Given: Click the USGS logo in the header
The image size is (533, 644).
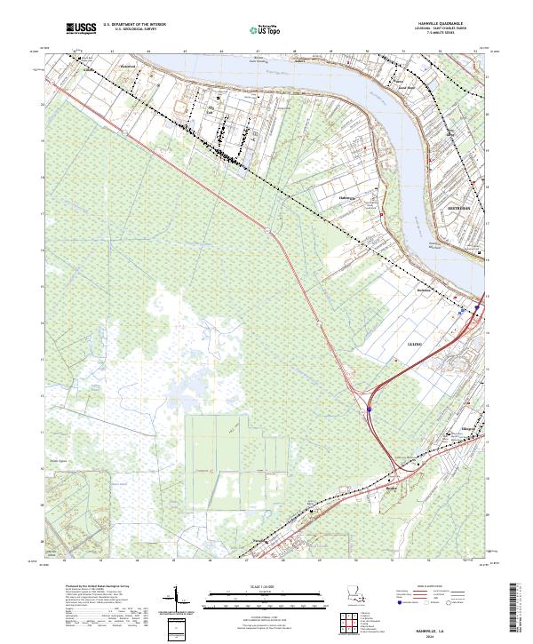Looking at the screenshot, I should pos(81,29).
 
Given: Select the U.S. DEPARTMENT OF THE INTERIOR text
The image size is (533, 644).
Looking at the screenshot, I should pos(135,26).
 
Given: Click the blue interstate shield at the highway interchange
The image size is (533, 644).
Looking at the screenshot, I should pos(369,410).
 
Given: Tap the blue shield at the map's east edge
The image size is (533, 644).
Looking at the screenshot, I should pos(477,307).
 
